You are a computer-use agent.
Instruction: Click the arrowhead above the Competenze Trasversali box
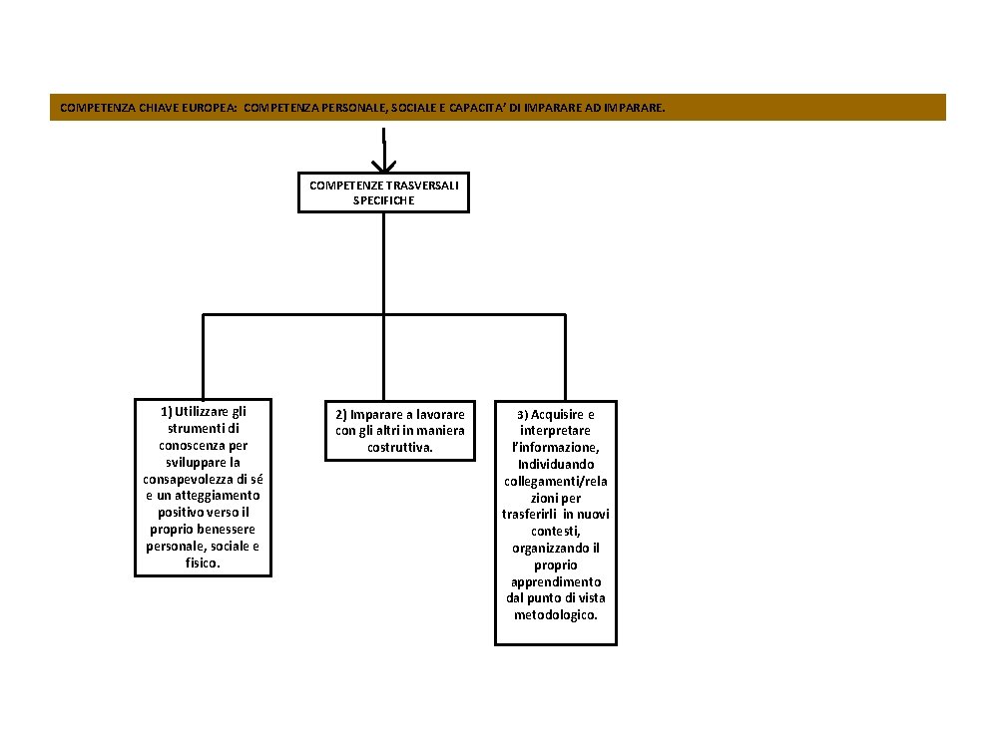383,165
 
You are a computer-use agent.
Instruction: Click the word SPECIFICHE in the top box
383,199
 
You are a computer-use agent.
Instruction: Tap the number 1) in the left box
166,411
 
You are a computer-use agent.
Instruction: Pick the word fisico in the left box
202,564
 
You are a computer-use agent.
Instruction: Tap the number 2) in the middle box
340,414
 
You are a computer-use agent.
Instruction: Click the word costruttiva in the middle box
398,448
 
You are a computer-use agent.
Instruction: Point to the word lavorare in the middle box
440,414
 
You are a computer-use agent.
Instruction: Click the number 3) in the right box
523,414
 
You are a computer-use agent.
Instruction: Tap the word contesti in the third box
554,532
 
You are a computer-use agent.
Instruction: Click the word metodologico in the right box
555,615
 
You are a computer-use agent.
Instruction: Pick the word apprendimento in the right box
556,581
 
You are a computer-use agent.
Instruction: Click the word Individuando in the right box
556,464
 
